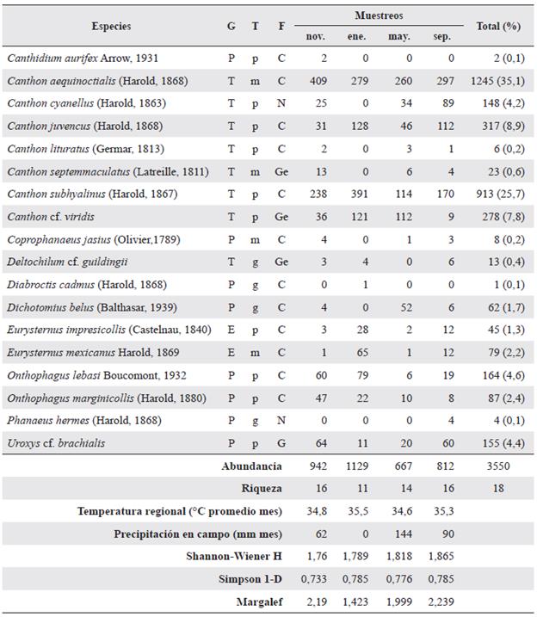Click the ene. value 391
[x=356, y=194]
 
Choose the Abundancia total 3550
[x=498, y=466]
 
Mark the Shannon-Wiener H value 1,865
[x=440, y=556]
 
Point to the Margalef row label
[x=261, y=601]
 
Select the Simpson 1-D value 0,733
[x=316, y=578]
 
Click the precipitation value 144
[x=398, y=534]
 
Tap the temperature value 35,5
[x=356, y=510]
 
